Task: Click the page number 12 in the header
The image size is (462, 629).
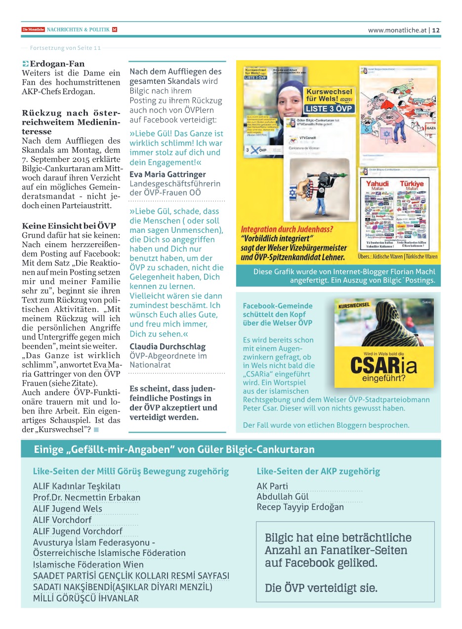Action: click(436, 30)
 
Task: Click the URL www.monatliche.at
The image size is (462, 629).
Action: click(397, 30)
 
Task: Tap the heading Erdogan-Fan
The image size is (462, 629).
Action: click(57, 64)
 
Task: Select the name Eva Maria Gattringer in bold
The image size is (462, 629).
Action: click(168, 174)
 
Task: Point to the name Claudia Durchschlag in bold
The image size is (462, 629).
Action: click(168, 346)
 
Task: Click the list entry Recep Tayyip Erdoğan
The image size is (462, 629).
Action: click(300, 507)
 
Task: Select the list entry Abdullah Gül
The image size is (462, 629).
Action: click(282, 496)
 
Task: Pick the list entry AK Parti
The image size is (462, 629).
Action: click(272, 486)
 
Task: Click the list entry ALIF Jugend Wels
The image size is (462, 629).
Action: click(67, 509)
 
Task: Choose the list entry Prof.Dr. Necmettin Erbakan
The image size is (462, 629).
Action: click(86, 498)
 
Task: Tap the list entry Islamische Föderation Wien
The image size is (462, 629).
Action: click(88, 564)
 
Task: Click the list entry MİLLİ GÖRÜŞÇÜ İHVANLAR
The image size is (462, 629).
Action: click(85, 598)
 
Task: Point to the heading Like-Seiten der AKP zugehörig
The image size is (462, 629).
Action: click(318, 471)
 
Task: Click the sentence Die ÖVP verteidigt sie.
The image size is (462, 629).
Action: click(321, 588)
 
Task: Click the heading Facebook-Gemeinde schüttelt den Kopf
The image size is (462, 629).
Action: click(277, 314)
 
